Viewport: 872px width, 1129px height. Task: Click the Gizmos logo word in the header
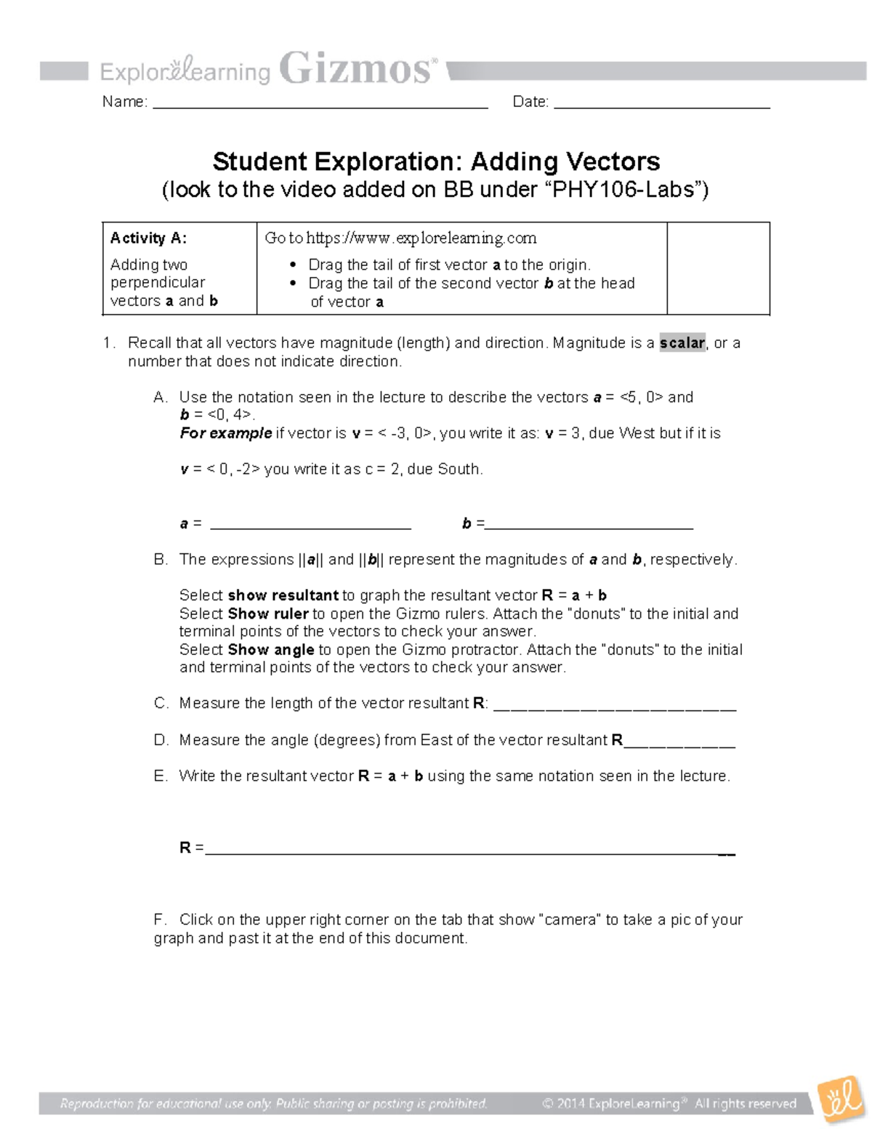pyautogui.click(x=356, y=70)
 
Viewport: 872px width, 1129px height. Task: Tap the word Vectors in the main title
pyautogui.click(x=613, y=161)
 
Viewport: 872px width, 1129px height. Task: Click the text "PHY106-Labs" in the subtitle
pyautogui.click(x=623, y=190)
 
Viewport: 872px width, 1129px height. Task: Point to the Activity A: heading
pyautogui.click(x=148, y=238)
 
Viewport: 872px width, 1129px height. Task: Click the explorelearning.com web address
pyautogui.click(x=421, y=238)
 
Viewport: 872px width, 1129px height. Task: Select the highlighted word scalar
pyautogui.click(x=682, y=343)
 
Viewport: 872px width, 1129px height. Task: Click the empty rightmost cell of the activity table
pyautogui.click(x=718, y=268)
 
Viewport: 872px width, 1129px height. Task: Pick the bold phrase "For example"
pyautogui.click(x=226, y=433)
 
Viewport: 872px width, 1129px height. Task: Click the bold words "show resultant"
pyautogui.click(x=283, y=595)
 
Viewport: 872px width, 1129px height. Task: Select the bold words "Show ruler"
pyautogui.click(x=268, y=614)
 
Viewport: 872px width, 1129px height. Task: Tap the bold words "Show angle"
pyautogui.click(x=271, y=650)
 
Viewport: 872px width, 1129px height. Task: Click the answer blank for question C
pyautogui.click(x=615, y=707)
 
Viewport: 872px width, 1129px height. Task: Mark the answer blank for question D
pyautogui.click(x=680, y=744)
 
